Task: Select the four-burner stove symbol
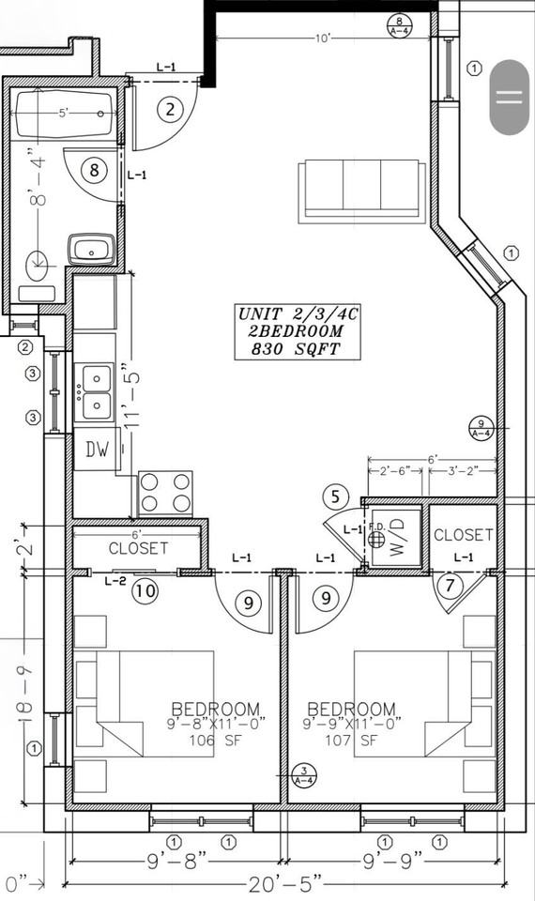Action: coord(166,493)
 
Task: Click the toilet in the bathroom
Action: coord(37,267)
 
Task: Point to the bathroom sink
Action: coord(91,250)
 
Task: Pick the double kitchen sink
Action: coord(95,391)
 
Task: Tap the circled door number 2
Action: coord(170,110)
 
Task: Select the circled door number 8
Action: coord(93,170)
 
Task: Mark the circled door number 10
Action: coord(144,591)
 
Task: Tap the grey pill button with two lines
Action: coord(509,97)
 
